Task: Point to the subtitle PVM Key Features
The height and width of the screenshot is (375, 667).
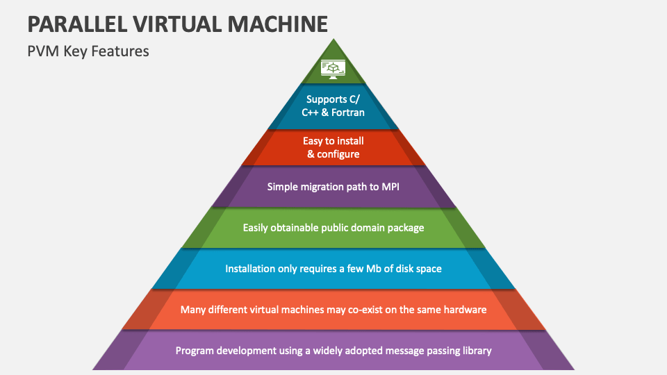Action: pyautogui.click(x=88, y=51)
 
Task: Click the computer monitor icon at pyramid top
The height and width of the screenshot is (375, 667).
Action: pyautogui.click(x=333, y=68)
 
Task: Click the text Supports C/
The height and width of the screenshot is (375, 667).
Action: pyautogui.click(x=333, y=99)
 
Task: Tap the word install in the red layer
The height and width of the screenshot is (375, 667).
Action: pyautogui.click(x=348, y=141)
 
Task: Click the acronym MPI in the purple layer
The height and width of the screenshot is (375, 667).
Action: pyautogui.click(x=388, y=186)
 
